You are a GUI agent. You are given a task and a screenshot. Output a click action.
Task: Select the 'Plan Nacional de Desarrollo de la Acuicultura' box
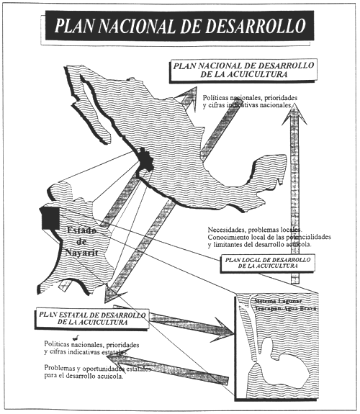tap(232, 69)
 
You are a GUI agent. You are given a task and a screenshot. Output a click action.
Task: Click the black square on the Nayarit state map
tap(50, 217)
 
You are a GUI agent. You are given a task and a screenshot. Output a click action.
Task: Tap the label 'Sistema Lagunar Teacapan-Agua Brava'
tap(287, 302)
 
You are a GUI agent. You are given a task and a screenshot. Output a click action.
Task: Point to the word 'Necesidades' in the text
tap(227, 230)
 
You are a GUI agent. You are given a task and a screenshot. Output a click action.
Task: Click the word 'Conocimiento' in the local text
tap(231, 238)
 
